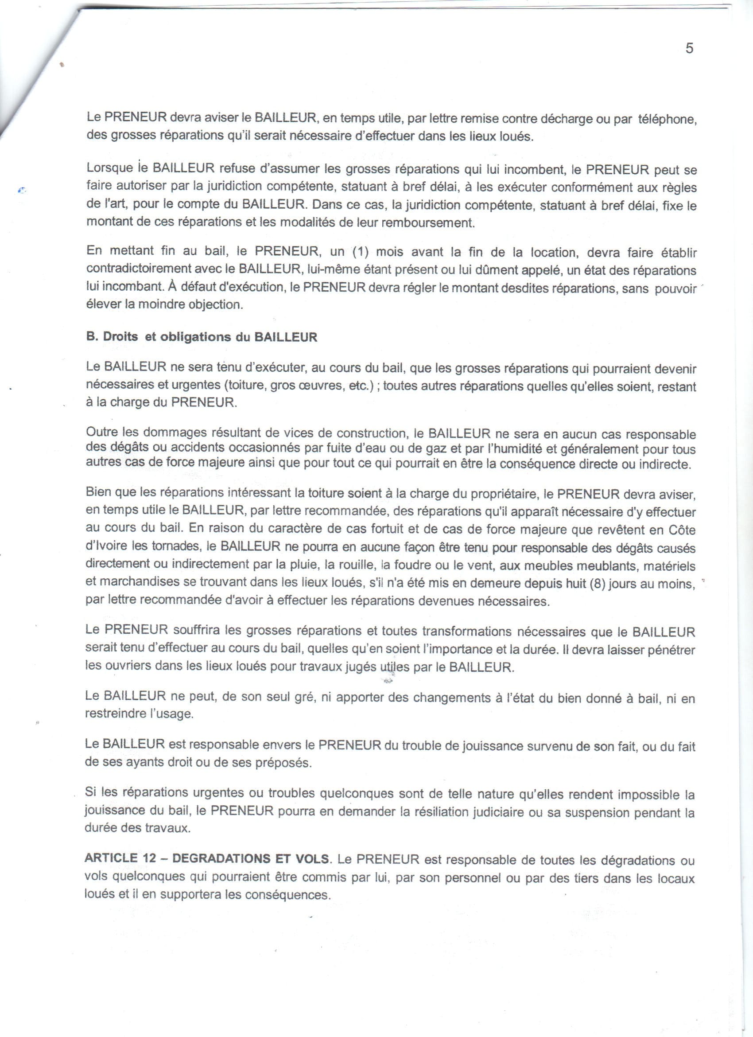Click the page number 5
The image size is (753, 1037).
[x=690, y=48]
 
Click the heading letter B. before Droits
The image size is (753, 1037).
[x=91, y=337]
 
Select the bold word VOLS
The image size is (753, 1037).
[x=313, y=858]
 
